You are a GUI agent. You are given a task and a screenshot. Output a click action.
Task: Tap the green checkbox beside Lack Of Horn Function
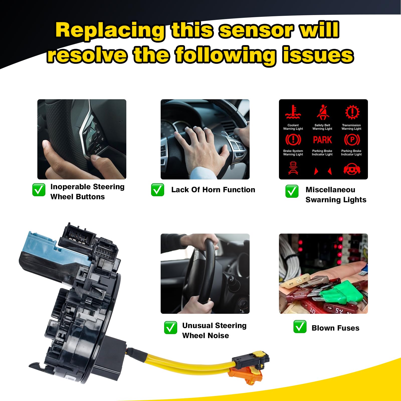[157, 190]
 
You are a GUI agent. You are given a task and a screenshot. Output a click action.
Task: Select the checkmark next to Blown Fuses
[300, 327]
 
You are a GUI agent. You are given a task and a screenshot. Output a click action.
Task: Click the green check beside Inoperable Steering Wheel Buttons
[39, 190]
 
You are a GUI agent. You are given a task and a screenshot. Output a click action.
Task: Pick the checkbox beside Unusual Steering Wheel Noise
[170, 328]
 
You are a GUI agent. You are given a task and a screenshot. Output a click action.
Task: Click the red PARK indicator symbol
[322, 140]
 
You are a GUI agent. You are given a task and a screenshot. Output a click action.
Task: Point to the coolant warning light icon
[293, 112]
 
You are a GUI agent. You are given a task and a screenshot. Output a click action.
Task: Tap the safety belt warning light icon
[323, 112]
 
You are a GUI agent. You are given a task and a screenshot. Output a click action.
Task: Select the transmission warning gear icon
[352, 112]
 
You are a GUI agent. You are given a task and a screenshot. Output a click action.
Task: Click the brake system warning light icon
[293, 140]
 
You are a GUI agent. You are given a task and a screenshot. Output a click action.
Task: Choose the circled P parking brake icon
[352, 140]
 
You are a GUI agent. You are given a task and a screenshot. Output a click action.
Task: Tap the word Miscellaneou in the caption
[330, 190]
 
